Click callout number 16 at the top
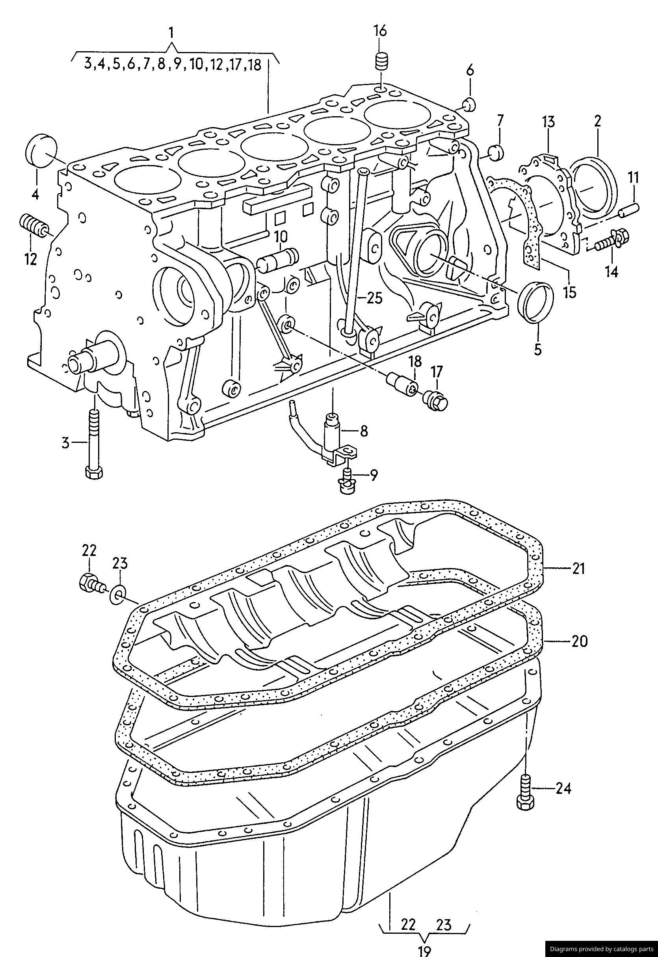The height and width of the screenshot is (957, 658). (x=381, y=31)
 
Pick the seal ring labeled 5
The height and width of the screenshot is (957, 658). (x=535, y=301)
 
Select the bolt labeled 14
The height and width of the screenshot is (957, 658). (x=611, y=241)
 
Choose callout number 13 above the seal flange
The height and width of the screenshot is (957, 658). (x=548, y=123)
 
